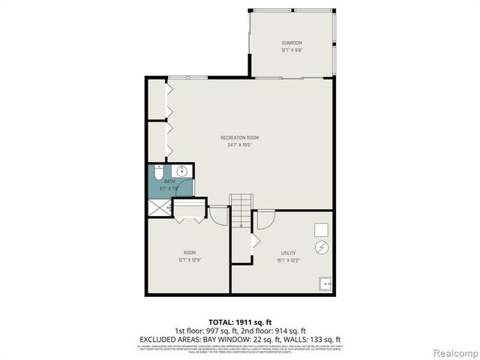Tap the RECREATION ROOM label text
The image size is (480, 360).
[239, 138]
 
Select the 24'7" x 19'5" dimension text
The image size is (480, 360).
[239, 145]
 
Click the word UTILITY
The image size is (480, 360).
[288, 253]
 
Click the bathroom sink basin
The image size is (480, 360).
[182, 172]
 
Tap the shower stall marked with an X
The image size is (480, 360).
[159, 205]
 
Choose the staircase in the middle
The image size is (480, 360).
[240, 211]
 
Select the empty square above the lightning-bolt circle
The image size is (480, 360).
[321, 228]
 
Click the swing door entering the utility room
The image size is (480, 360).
[264, 221]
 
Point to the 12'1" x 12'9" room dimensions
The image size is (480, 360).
[189, 260]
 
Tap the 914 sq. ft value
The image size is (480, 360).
[289, 331]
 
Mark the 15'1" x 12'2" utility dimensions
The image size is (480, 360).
[288, 260]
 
